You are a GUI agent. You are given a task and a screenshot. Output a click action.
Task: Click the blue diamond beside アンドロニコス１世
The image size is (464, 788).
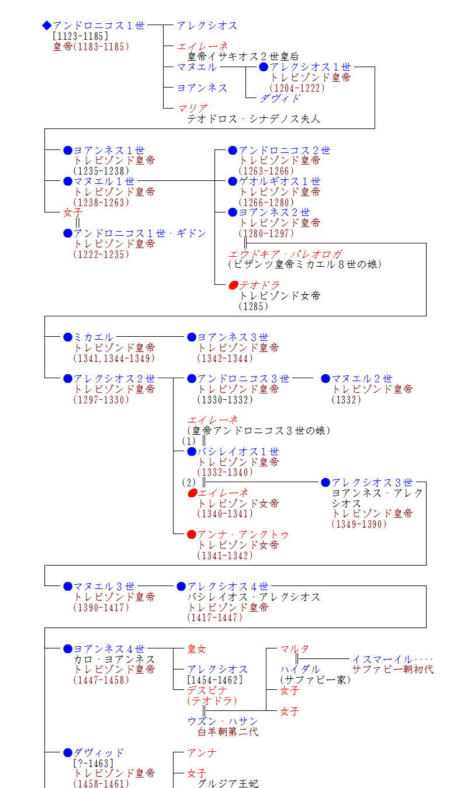(47, 25)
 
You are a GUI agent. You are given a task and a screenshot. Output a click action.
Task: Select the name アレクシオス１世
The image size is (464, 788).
(310, 67)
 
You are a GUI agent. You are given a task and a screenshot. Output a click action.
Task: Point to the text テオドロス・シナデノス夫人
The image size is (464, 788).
(254, 119)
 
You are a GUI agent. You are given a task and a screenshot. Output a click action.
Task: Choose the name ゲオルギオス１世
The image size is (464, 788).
(279, 182)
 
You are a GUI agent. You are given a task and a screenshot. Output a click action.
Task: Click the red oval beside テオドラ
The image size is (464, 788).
(233, 285)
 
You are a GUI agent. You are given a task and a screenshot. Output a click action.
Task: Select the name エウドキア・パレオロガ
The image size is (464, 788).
(285, 254)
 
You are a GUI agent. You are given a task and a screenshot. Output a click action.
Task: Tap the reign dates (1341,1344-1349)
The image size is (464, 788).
(115, 358)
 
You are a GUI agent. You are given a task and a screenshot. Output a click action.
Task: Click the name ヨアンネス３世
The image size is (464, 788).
(233, 337)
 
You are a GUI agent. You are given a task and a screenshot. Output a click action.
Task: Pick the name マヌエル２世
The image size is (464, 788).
(362, 379)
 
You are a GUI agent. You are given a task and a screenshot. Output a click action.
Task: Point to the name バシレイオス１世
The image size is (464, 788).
(238, 452)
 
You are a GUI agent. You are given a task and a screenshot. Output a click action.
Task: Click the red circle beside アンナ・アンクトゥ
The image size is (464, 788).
(191, 535)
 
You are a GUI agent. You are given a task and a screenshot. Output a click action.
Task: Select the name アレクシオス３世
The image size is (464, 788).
(372, 483)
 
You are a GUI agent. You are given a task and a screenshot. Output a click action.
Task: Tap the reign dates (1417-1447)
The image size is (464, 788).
(215, 618)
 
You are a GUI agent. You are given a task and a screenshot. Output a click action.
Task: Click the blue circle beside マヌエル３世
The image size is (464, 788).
(68, 586)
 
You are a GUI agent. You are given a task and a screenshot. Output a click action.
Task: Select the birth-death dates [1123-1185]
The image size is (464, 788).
(80, 36)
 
